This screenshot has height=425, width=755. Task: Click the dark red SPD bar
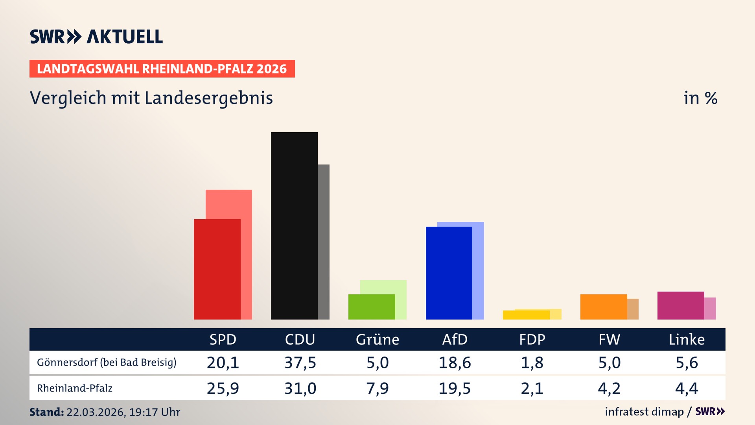pos(217,269)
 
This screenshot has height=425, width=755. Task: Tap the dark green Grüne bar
pos(372,307)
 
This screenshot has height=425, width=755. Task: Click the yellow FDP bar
pos(526,315)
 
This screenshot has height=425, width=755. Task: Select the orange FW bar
pos(604,307)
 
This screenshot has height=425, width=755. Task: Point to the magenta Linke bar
pos(681,305)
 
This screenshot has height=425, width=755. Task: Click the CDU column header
pos(300,339)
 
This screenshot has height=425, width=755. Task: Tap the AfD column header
pos(455,339)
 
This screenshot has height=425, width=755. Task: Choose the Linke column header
pos(687,339)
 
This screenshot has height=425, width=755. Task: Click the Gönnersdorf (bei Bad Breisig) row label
pos(107,362)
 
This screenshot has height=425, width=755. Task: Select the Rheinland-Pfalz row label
pos(75,388)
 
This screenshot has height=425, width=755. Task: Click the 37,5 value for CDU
pos(300,362)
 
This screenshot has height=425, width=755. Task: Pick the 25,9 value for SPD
pos(223,388)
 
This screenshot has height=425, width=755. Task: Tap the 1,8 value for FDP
pos(532,362)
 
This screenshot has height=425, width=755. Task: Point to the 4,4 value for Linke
pos(687,388)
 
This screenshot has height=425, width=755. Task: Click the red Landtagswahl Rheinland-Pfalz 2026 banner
pos(162,68)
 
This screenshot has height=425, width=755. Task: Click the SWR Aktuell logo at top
pos(96,37)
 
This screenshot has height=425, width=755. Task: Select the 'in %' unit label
pos(700,98)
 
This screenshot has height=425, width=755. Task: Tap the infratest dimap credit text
pos(644,412)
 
